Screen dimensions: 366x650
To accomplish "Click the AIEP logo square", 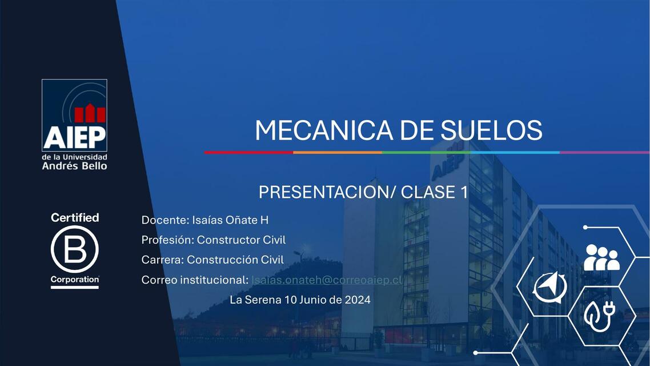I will [x=74, y=115].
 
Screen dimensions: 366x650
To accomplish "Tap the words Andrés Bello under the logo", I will [x=74, y=166].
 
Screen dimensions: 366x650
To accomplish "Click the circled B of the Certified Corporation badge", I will [x=74, y=249].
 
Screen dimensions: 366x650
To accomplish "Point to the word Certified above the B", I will [x=74, y=217].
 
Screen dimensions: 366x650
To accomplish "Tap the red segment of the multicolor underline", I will [x=248, y=152].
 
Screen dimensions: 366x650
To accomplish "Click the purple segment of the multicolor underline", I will [x=604, y=152].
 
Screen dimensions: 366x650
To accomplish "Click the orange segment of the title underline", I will [x=337, y=152].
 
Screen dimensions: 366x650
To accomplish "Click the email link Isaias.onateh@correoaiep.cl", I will [x=327, y=280].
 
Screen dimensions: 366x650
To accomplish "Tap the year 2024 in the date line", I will [x=358, y=300].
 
